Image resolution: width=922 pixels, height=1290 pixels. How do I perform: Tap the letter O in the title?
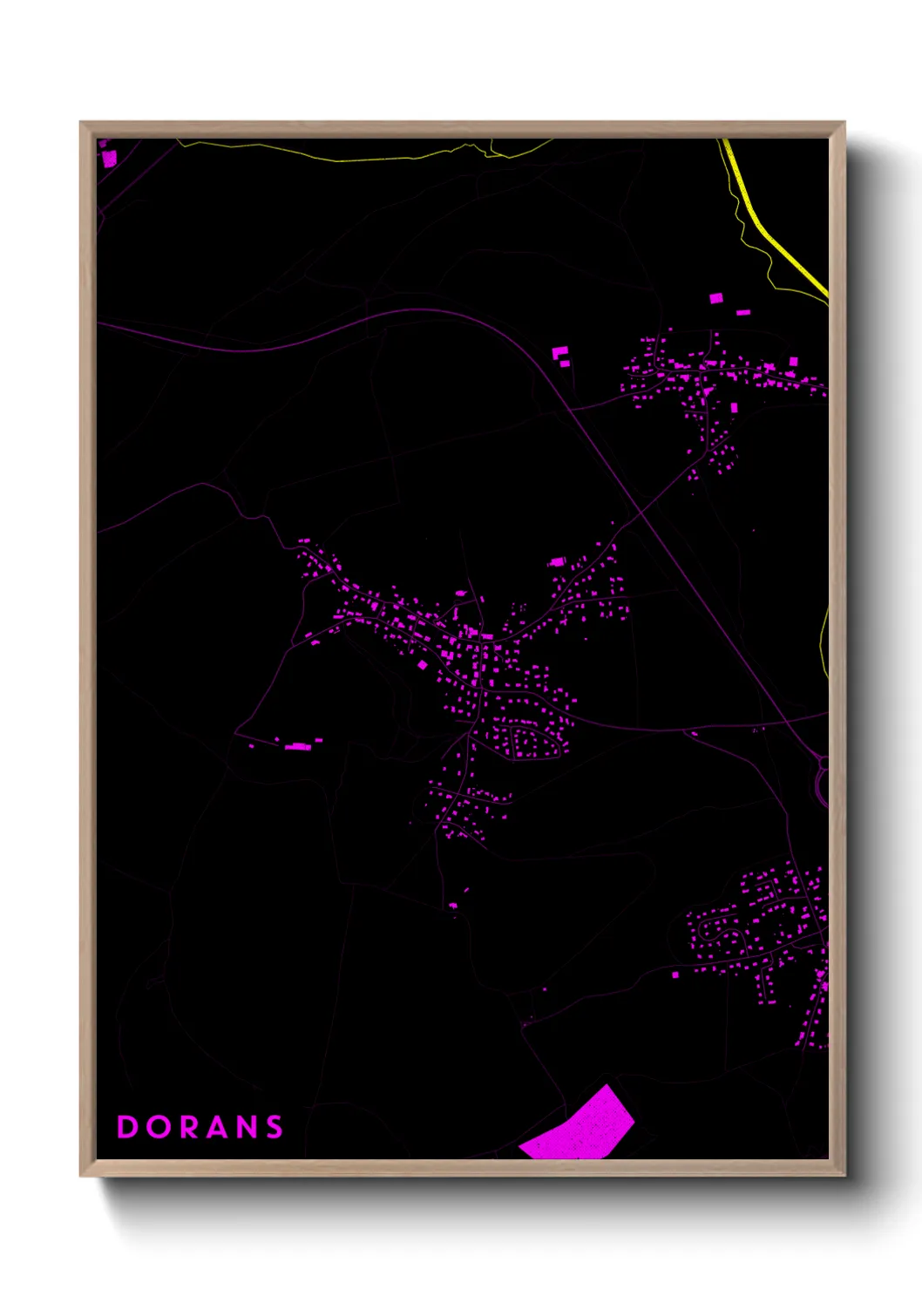(x=159, y=1127)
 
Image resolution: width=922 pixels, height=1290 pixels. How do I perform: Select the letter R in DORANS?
(x=190, y=1127)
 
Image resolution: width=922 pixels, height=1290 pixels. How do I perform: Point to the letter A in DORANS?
(x=220, y=1127)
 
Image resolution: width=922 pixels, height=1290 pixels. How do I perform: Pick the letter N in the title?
(x=248, y=1127)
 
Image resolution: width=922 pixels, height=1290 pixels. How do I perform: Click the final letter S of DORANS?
(x=275, y=1127)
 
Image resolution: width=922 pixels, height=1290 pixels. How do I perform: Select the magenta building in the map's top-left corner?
(x=110, y=158)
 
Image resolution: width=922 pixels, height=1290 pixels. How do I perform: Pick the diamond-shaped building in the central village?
(x=423, y=665)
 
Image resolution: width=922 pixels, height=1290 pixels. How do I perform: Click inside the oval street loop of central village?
(x=526, y=743)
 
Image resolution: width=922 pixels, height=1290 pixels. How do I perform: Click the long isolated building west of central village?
(x=298, y=746)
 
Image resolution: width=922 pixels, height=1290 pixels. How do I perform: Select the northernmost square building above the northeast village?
(x=716, y=298)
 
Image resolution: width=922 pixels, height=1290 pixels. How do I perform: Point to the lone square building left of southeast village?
(x=675, y=974)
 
